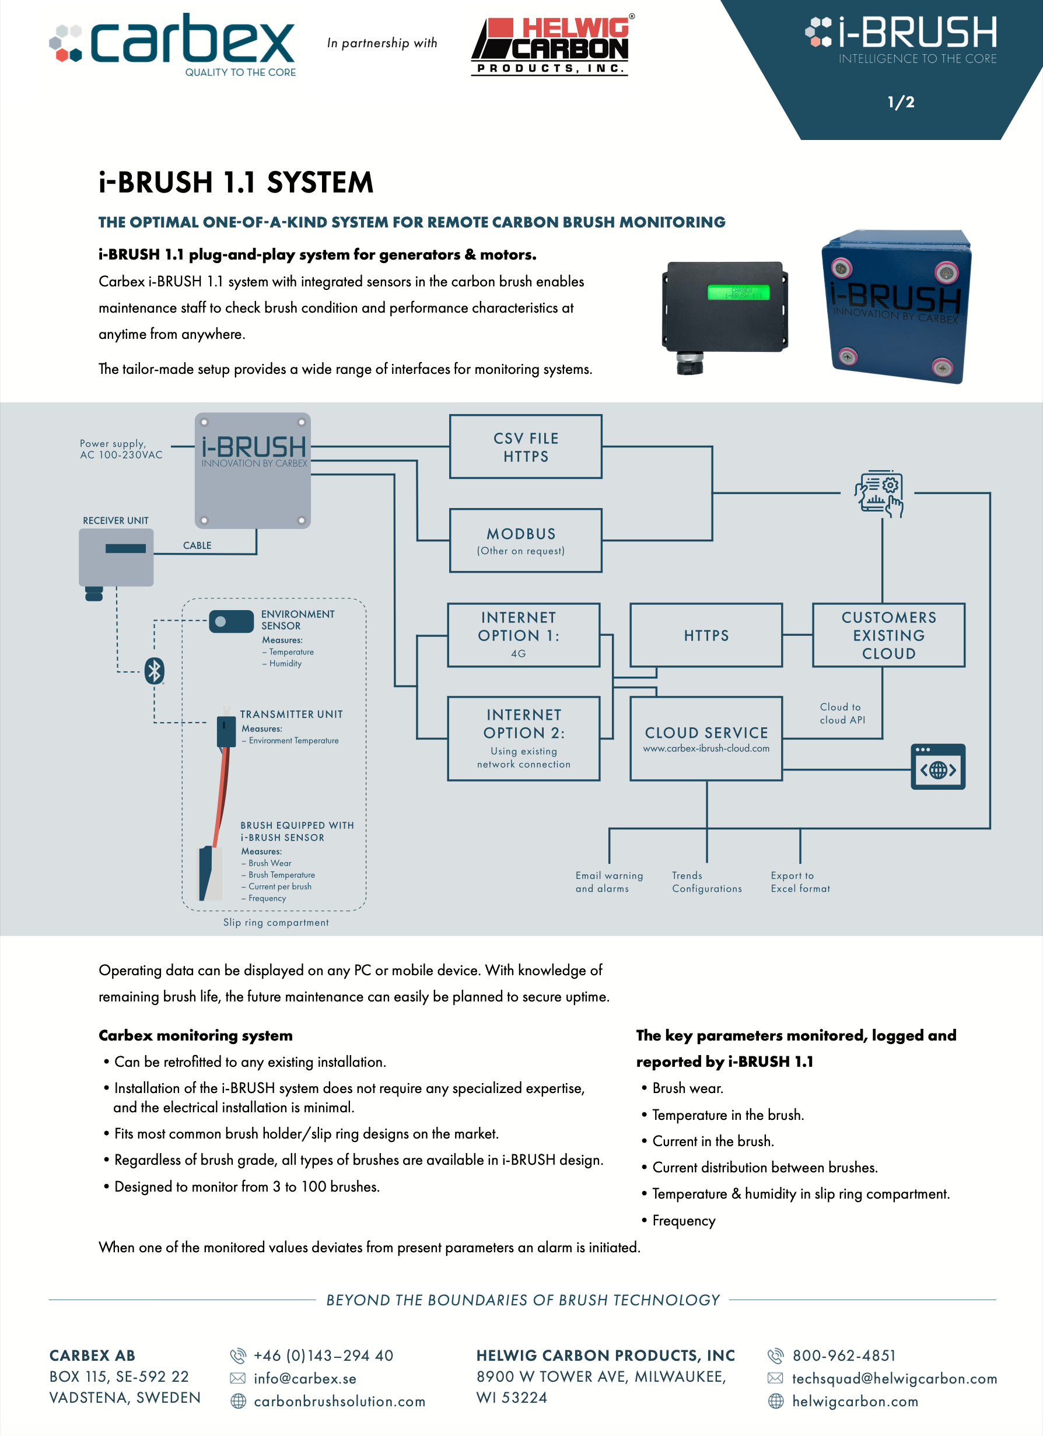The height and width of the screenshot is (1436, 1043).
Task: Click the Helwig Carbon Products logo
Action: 552,44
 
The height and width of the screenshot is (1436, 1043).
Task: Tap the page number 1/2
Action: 901,102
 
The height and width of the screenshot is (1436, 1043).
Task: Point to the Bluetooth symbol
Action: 155,671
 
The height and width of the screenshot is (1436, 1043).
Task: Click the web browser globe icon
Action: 938,766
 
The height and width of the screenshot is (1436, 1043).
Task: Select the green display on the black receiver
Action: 738,292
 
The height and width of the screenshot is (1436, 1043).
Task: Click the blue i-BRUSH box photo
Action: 896,306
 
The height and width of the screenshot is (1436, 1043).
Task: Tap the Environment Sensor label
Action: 297,620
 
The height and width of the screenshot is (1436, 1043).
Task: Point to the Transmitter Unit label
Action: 291,714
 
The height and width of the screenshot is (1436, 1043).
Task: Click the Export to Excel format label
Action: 800,882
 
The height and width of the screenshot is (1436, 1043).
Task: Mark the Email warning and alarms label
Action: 609,882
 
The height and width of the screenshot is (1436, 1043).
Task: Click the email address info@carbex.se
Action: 305,1378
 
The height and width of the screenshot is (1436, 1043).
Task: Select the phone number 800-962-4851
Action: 844,1356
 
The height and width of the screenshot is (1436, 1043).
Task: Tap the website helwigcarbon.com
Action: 855,1401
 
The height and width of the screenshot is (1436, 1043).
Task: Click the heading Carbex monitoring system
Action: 195,1035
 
